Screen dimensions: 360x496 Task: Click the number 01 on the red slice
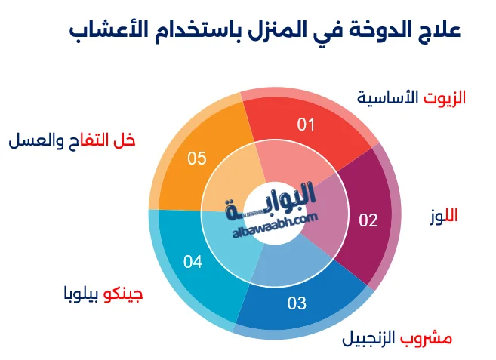pyautogui.click(x=305, y=125)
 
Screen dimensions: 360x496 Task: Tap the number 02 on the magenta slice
pyautogui.click(x=368, y=220)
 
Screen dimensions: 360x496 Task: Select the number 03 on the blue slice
pyautogui.click(x=297, y=303)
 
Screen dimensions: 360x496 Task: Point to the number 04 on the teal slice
pyautogui.click(x=193, y=263)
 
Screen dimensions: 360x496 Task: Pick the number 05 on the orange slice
pyautogui.click(x=197, y=158)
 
